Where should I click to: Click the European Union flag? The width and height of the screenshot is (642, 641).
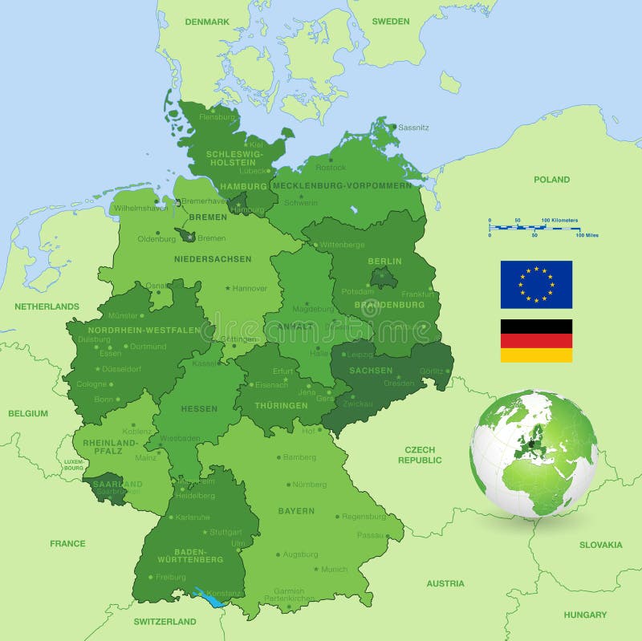[536, 284]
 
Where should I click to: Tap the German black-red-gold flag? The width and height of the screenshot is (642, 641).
[536, 340]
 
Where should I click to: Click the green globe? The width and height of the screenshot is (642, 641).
[534, 452]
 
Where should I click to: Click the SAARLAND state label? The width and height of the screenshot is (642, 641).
[116, 484]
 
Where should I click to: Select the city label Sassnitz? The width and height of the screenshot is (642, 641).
[413, 128]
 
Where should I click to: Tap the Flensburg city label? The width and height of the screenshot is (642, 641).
[217, 117]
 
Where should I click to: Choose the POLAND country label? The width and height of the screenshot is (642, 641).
[551, 180]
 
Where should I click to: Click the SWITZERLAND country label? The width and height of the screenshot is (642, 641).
[165, 622]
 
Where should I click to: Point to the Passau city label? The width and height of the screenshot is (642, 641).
[371, 534]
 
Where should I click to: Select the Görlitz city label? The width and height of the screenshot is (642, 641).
[430, 371]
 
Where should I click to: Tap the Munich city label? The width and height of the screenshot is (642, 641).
[334, 569]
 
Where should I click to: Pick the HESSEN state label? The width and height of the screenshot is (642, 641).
[199, 409]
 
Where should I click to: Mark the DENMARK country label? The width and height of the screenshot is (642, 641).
[207, 22]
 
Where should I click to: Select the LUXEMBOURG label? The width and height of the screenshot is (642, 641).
[74, 465]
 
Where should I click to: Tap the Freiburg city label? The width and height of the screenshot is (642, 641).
[170, 577]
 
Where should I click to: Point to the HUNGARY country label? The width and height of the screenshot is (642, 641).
[585, 615]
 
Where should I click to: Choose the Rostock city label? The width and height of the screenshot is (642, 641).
[331, 168]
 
